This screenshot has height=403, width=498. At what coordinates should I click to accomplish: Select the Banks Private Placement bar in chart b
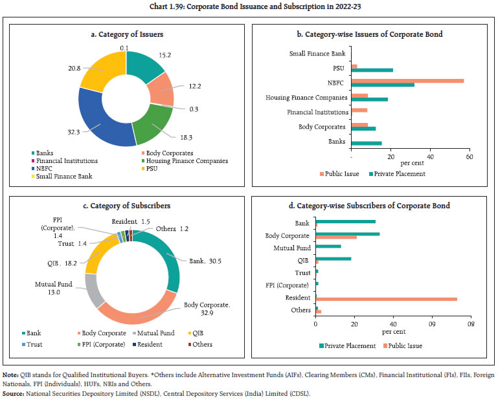tap(366, 143)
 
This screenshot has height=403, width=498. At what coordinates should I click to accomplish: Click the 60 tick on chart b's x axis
tap(469, 157)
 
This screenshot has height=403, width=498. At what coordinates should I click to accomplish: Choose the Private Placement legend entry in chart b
tap(397, 173)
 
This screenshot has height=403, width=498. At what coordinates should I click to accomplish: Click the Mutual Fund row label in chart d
tap(293, 247)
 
